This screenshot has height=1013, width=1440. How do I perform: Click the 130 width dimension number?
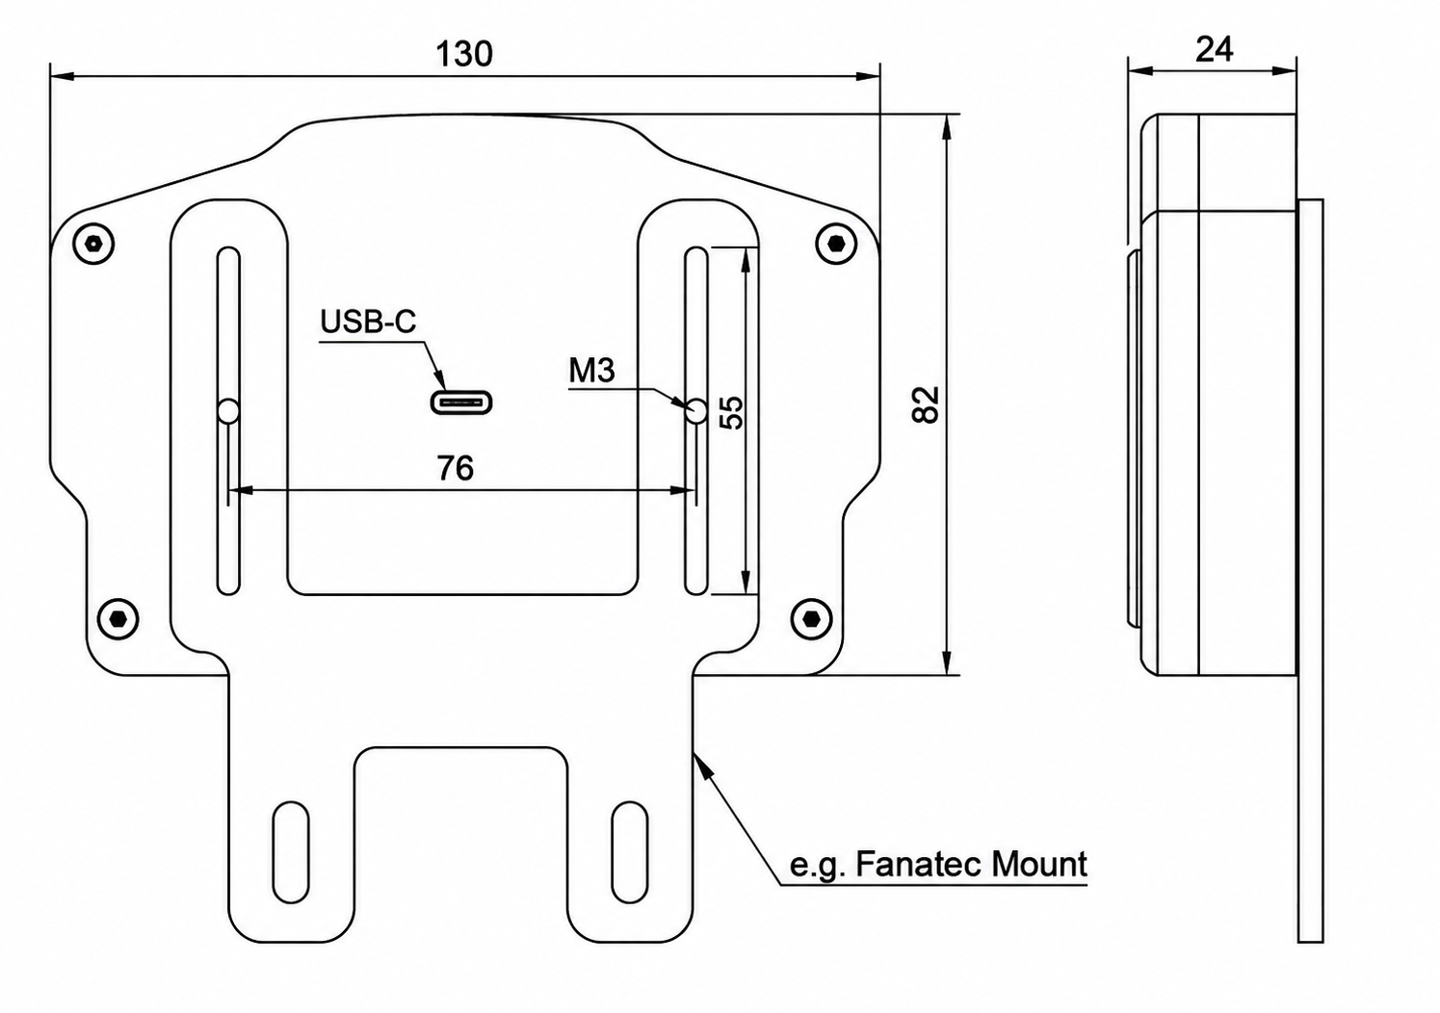click(x=464, y=54)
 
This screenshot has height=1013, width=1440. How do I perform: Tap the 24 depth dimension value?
click(x=1214, y=49)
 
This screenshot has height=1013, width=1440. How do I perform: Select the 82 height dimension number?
click(x=926, y=404)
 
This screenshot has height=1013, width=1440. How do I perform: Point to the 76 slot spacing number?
click(x=456, y=468)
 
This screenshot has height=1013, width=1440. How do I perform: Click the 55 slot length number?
click(x=731, y=413)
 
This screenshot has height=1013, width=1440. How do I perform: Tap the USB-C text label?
click(x=368, y=322)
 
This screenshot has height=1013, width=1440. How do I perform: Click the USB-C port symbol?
click(x=461, y=403)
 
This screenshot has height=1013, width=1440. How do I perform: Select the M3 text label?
click(x=592, y=370)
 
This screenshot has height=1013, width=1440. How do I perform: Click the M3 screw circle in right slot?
click(x=695, y=411)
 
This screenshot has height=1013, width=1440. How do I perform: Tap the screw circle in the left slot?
click(x=228, y=411)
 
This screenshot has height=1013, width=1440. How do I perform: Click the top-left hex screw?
click(x=93, y=244)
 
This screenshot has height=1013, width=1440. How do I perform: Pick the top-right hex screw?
click(x=836, y=244)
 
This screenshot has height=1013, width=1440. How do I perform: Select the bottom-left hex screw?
click(x=118, y=619)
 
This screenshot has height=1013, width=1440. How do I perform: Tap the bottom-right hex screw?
click(x=811, y=619)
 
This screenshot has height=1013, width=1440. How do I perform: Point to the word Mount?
click(x=1039, y=865)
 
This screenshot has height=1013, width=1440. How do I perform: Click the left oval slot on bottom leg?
click(x=291, y=851)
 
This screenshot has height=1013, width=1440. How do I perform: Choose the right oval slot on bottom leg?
click(x=629, y=851)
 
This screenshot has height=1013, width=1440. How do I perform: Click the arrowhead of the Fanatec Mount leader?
click(x=702, y=765)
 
